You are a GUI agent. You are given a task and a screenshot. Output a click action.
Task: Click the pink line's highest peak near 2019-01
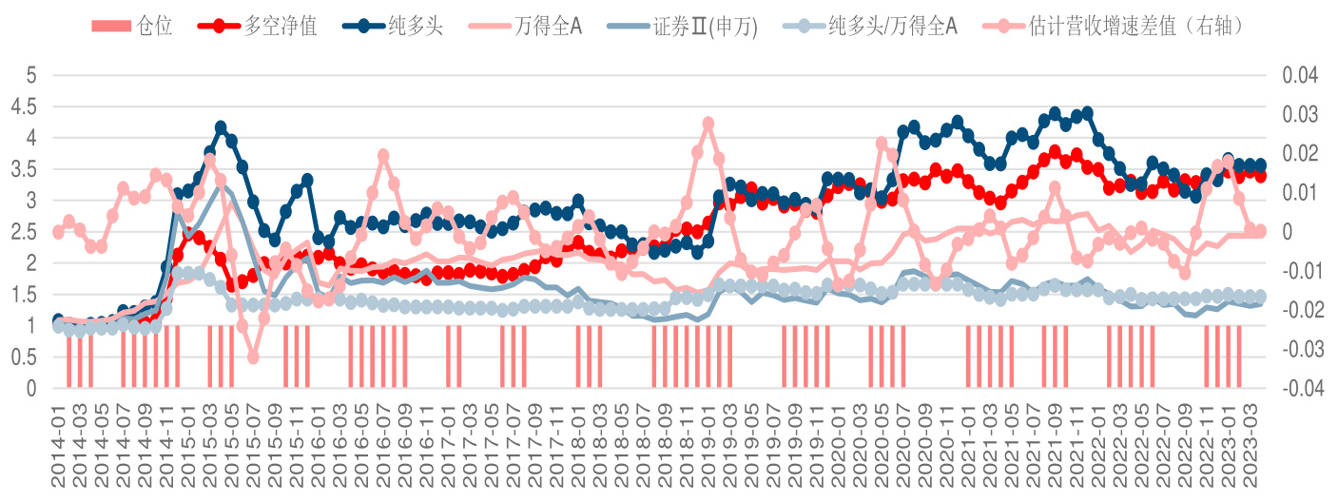tap(708, 124)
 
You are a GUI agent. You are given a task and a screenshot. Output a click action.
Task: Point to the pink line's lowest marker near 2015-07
tap(253, 357)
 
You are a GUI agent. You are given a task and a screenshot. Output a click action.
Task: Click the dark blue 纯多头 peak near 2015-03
tap(221, 126)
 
